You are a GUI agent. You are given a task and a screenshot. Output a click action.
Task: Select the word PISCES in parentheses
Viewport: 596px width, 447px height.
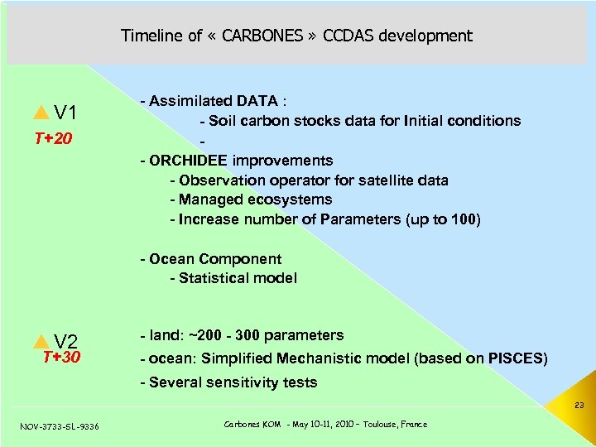click(x=515, y=358)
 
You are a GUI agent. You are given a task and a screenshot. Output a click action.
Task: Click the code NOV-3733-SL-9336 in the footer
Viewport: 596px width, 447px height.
click(x=59, y=425)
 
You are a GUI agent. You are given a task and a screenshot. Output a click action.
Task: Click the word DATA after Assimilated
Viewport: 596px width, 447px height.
click(x=257, y=101)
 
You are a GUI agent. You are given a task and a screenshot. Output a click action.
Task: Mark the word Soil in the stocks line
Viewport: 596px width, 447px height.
click(x=223, y=121)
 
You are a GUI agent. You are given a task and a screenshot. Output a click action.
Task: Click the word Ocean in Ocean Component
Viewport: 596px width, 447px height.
click(x=171, y=259)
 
